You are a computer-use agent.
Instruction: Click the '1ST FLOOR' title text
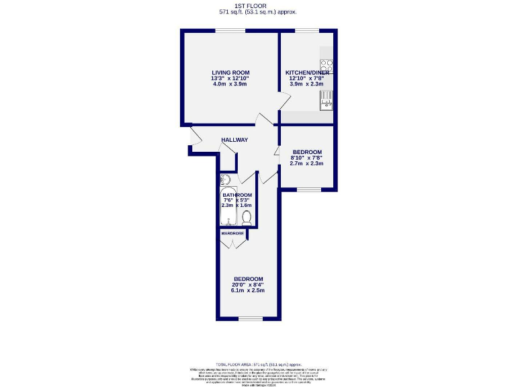(x=258, y=5)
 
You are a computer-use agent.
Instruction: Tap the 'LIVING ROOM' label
(x=230, y=73)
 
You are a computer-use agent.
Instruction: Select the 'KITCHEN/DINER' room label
(x=306, y=73)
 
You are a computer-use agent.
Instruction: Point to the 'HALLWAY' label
(x=234, y=140)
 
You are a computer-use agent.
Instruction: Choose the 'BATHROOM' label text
(x=237, y=195)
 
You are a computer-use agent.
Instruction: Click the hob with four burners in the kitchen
(x=327, y=67)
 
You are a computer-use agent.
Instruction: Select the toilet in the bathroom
(x=247, y=217)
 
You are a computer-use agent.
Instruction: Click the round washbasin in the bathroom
(x=225, y=179)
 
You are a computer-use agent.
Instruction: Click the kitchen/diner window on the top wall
(x=308, y=30)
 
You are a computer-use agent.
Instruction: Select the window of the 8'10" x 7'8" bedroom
(x=308, y=189)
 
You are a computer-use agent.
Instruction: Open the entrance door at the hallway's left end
(x=194, y=138)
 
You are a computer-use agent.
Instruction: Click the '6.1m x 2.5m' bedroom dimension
(x=248, y=290)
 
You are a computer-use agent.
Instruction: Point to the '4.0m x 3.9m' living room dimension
(x=230, y=84)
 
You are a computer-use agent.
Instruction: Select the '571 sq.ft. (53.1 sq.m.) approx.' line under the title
(x=258, y=12)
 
